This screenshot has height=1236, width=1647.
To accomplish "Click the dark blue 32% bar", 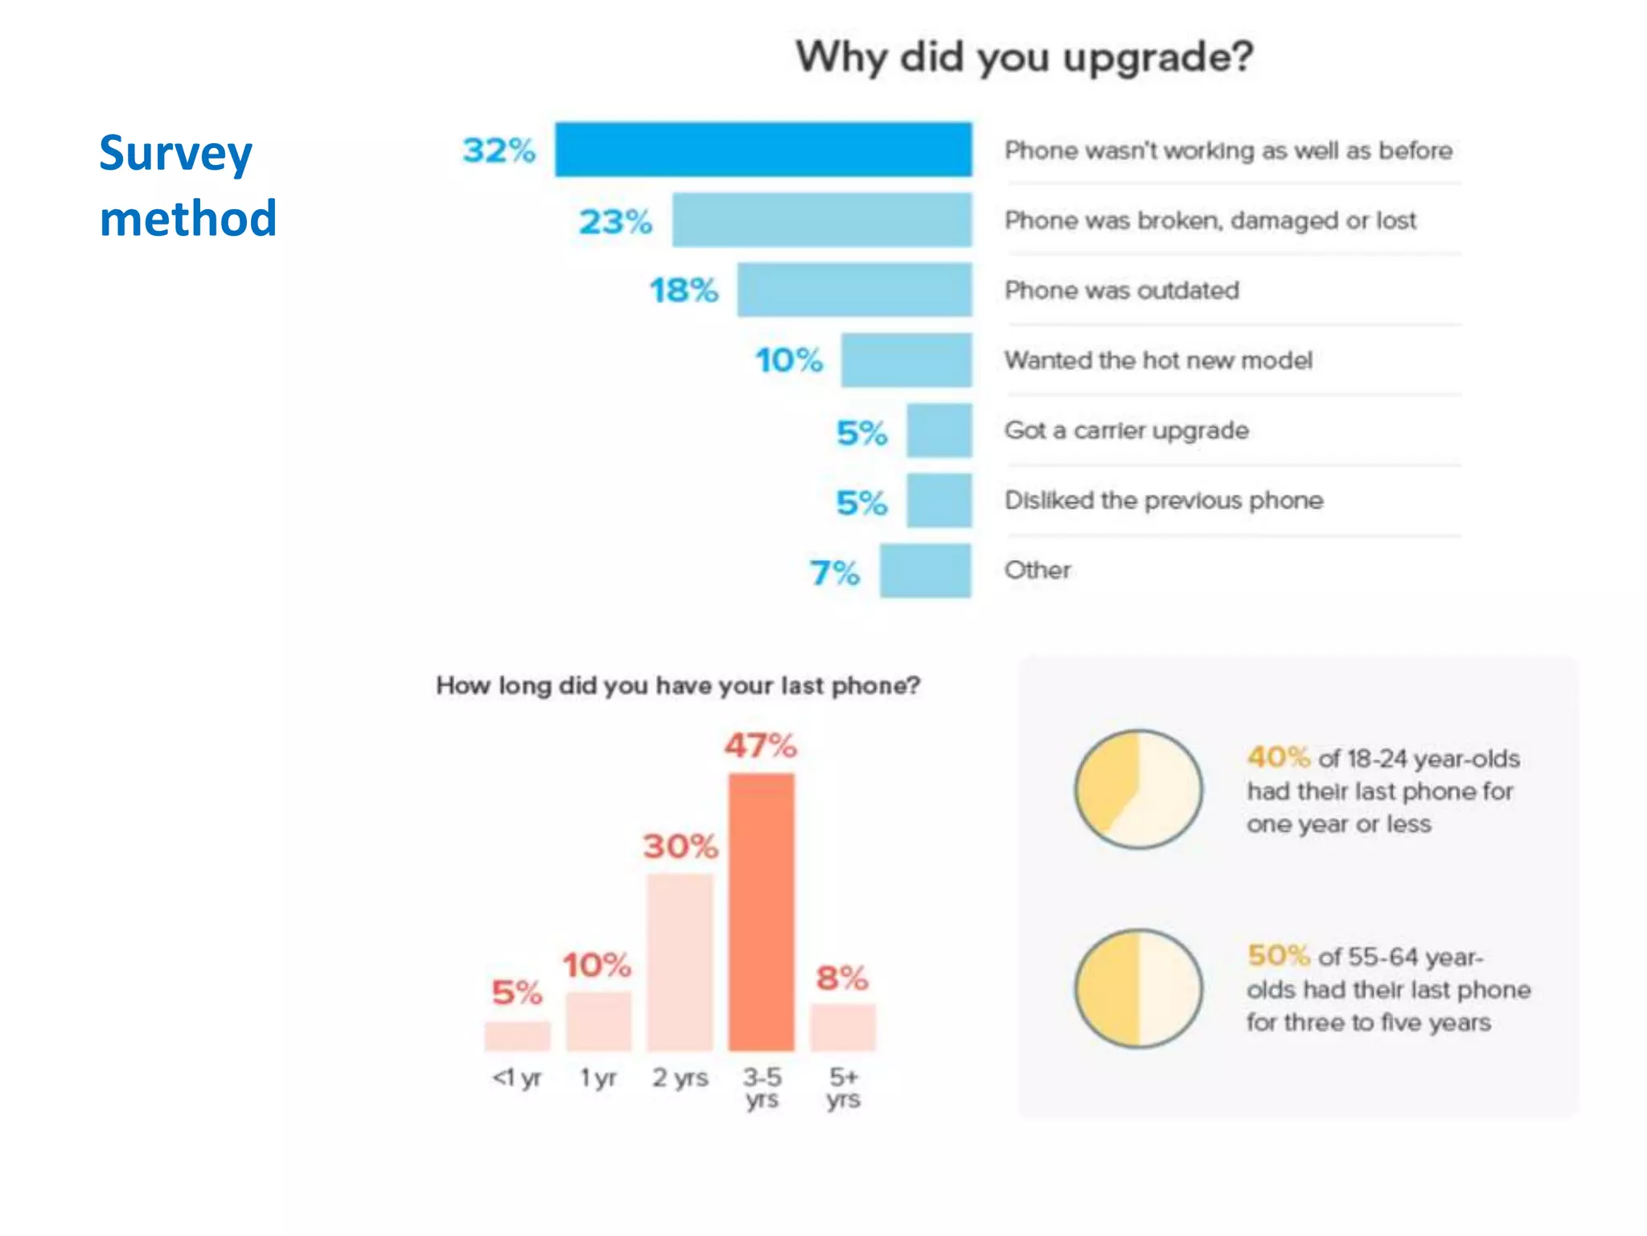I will click(x=763, y=150).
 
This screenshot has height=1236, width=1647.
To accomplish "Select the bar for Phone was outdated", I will click(x=854, y=290).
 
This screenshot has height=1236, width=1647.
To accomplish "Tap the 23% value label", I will click(x=615, y=221).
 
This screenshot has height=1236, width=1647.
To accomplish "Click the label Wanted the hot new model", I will click(x=1158, y=360).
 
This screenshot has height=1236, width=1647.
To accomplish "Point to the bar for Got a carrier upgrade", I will click(x=939, y=431).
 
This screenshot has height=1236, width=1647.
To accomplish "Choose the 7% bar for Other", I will click(x=925, y=571).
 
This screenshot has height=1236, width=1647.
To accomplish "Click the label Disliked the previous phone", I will click(x=1164, y=501).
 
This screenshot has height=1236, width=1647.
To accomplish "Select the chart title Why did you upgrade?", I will click(x=1025, y=58).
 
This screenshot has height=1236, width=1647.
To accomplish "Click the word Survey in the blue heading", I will click(x=175, y=154).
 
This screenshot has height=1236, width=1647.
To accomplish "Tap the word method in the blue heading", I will click(x=188, y=219).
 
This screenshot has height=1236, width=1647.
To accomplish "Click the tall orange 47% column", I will click(x=761, y=912).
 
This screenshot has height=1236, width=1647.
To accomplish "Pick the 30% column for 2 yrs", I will click(x=680, y=962).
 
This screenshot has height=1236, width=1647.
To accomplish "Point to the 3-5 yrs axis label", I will click(x=762, y=1087).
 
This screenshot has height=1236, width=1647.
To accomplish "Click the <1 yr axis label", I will click(x=517, y=1077).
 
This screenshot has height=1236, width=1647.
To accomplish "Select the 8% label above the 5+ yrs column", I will click(x=842, y=978).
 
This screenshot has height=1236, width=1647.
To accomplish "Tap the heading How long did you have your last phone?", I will click(x=678, y=686).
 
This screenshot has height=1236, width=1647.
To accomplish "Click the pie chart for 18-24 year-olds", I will click(x=1139, y=789).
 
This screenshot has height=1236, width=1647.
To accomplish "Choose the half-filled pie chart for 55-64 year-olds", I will click(x=1139, y=988).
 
